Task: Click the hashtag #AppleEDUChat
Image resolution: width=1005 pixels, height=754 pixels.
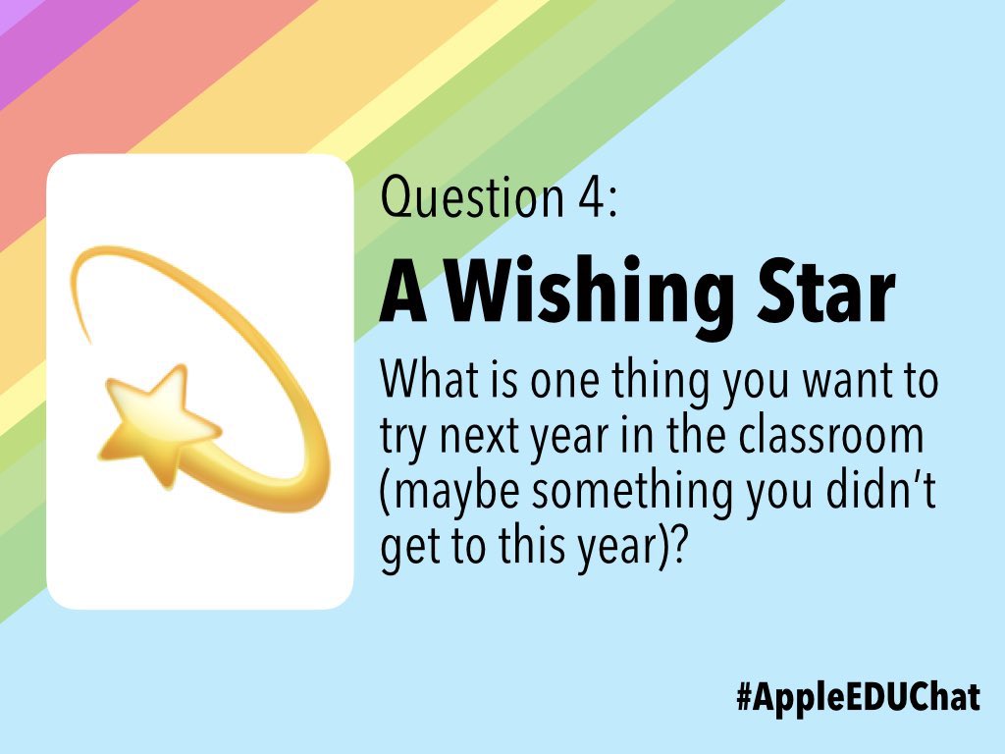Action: coord(857,697)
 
